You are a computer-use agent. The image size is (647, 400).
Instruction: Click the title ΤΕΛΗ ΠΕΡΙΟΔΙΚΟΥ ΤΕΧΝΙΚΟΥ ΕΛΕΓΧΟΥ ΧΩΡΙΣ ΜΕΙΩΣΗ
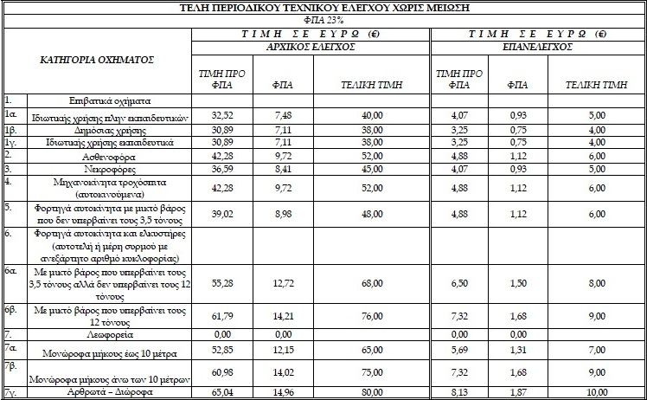[x=323, y=7]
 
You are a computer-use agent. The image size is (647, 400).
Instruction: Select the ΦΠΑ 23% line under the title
[x=323, y=18]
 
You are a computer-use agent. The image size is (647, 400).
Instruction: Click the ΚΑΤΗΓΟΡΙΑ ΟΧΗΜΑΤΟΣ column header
[x=97, y=61]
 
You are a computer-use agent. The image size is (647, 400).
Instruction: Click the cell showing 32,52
[x=213, y=114]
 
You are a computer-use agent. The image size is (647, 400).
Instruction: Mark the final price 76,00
[x=372, y=316]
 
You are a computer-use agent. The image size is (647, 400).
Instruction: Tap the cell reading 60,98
[x=213, y=371]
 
